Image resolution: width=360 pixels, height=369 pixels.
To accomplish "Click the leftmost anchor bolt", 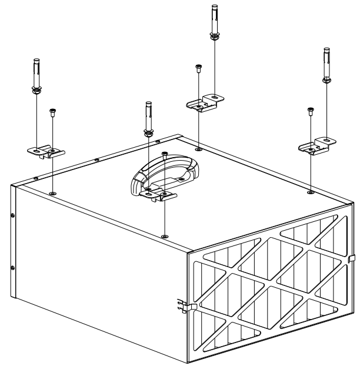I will pyautogui.click(x=36, y=74).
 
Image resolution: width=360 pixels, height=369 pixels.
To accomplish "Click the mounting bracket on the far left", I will pyautogui.click(x=46, y=152).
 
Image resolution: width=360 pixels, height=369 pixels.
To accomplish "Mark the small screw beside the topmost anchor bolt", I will pyautogui.click(x=198, y=69).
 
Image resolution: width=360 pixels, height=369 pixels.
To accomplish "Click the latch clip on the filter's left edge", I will pyautogui.click(x=183, y=305).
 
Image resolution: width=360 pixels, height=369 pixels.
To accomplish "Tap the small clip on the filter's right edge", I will pyautogui.click(x=351, y=258).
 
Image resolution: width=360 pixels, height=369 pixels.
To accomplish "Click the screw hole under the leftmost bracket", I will pyautogui.click(x=53, y=192).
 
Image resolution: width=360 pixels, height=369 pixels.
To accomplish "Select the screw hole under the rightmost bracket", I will pyautogui.click(x=310, y=191).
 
